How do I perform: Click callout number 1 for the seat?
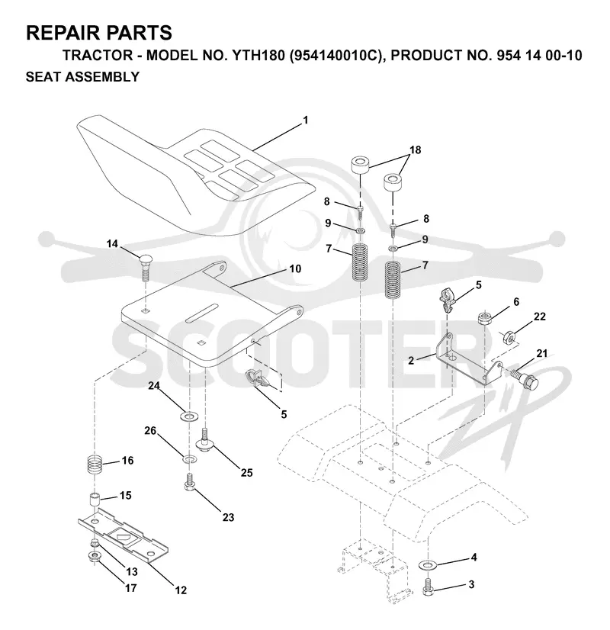coord(306,120)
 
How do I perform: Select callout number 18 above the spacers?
coord(416,149)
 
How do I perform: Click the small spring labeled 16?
coord(95,465)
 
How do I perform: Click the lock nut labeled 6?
coord(485,319)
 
